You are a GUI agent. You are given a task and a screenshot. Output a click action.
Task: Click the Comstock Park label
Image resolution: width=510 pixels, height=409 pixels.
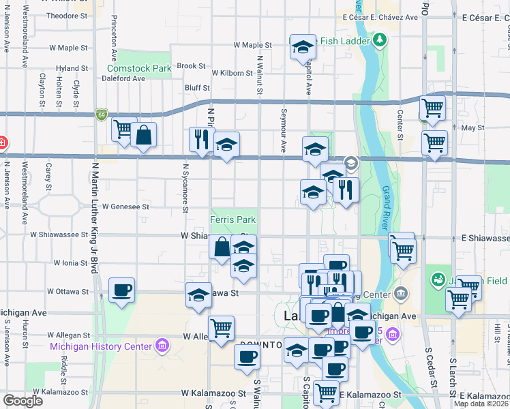pos(139,68)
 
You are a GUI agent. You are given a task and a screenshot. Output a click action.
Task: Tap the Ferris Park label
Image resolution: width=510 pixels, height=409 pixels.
pos(233,220)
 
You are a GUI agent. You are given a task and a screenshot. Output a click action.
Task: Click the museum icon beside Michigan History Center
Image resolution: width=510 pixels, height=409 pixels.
pos(162,346)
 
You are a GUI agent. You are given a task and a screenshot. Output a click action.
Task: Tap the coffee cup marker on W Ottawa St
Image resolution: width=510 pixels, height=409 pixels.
pos(121,291)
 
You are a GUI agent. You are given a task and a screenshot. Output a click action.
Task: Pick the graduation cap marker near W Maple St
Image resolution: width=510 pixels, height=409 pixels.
pos(302,48)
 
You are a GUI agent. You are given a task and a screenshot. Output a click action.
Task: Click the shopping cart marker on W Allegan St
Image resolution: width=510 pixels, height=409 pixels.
pos(221,329)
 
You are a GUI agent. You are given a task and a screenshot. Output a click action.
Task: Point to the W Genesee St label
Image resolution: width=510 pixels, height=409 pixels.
pos(125,206)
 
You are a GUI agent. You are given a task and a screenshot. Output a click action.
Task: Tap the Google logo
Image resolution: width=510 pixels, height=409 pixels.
pos(22,400)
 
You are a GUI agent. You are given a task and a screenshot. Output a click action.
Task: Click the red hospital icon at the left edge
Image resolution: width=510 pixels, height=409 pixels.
pos(2,142)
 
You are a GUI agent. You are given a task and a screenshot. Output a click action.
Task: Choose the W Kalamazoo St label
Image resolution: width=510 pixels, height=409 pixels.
pos(213,393)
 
